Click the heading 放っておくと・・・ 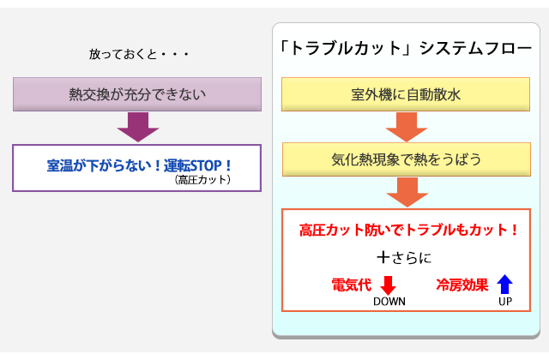139,54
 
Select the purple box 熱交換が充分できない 137,94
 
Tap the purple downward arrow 138,127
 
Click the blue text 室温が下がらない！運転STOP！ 139,165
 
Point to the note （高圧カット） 202,180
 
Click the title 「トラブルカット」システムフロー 406,48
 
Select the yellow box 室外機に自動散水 406,94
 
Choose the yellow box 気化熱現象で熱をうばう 407,159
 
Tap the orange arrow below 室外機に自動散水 407,127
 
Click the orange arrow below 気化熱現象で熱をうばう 407,192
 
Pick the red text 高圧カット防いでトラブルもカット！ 408,231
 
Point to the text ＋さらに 404,258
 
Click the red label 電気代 352,285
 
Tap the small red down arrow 388,285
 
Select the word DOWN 389,302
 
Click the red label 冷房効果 462,285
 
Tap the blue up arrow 505,284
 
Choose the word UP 505,302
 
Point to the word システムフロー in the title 476,48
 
